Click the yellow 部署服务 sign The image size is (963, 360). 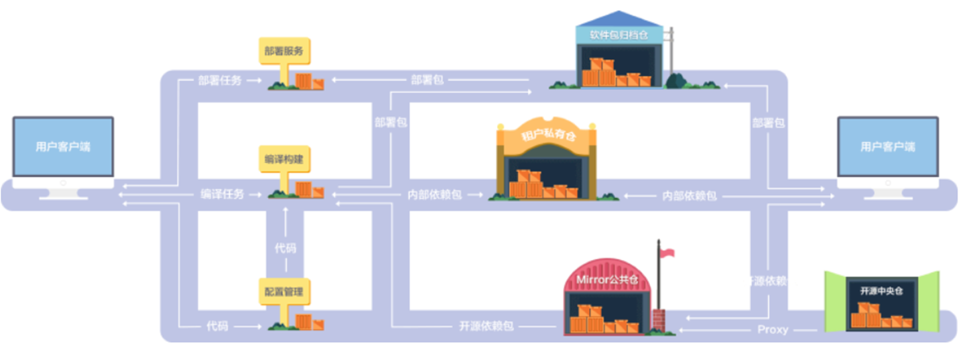pyautogui.click(x=284, y=50)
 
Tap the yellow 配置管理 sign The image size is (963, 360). pyautogui.click(x=284, y=292)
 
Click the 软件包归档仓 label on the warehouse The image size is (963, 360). pyautogui.click(x=619, y=35)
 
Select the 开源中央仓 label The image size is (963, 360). pyautogui.click(x=881, y=291)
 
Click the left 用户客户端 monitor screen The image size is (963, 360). pyautogui.click(x=63, y=147)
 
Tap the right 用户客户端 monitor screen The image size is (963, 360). pyautogui.click(x=887, y=147)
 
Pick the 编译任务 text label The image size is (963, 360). pyautogui.click(x=222, y=194)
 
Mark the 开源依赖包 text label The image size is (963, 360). pyautogui.click(x=486, y=326)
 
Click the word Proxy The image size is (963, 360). pyautogui.click(x=772, y=329)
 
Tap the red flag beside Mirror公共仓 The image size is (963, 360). pyautogui.click(x=667, y=253)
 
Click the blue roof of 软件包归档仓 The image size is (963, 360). pyautogui.click(x=619, y=18)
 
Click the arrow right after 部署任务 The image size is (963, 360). pyautogui.click(x=253, y=80)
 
